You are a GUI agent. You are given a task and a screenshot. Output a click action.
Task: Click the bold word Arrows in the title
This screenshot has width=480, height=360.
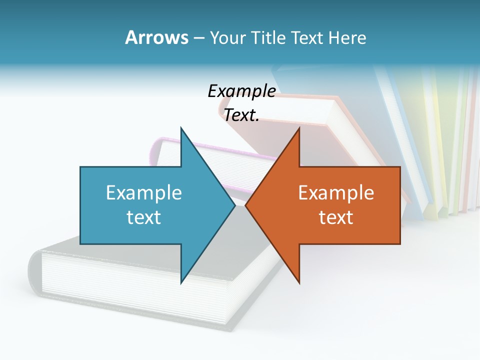156,37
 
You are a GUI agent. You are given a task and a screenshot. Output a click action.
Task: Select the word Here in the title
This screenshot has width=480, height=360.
347,37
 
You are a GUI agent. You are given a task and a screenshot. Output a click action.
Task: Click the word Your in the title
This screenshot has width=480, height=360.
228,37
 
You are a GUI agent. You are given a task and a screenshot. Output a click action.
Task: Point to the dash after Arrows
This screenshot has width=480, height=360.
198,38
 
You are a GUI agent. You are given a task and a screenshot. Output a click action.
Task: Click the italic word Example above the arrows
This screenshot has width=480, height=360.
241,91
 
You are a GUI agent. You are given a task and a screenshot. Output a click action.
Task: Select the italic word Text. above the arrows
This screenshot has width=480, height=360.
241,115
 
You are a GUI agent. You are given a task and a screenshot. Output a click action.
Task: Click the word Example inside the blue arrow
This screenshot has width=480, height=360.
144,193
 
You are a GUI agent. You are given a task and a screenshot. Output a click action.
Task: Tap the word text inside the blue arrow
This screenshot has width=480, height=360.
144,217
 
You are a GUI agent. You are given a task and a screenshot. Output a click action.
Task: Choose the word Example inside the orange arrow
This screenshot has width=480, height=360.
336,193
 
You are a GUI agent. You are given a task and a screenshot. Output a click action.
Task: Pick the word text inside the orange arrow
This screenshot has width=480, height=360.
336,217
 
